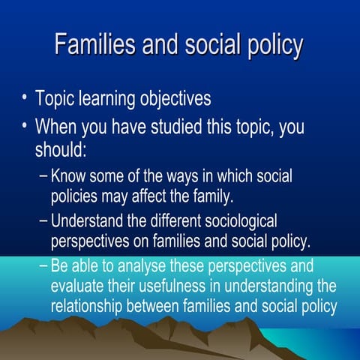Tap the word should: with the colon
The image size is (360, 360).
pos(61,148)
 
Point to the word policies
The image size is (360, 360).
pos(78,198)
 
